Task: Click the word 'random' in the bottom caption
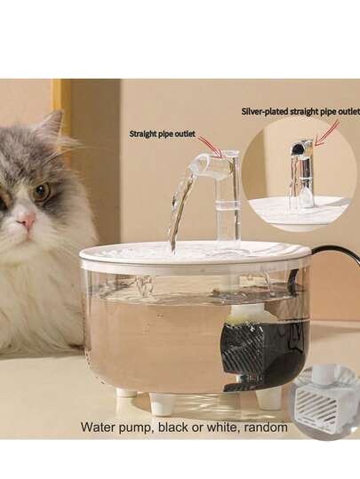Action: [x=265, y=427]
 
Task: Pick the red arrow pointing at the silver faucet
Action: [x=327, y=133]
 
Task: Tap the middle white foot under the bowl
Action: [x=162, y=403]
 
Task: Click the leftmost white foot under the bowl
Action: [x=125, y=395]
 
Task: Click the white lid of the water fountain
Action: [x=196, y=252]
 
